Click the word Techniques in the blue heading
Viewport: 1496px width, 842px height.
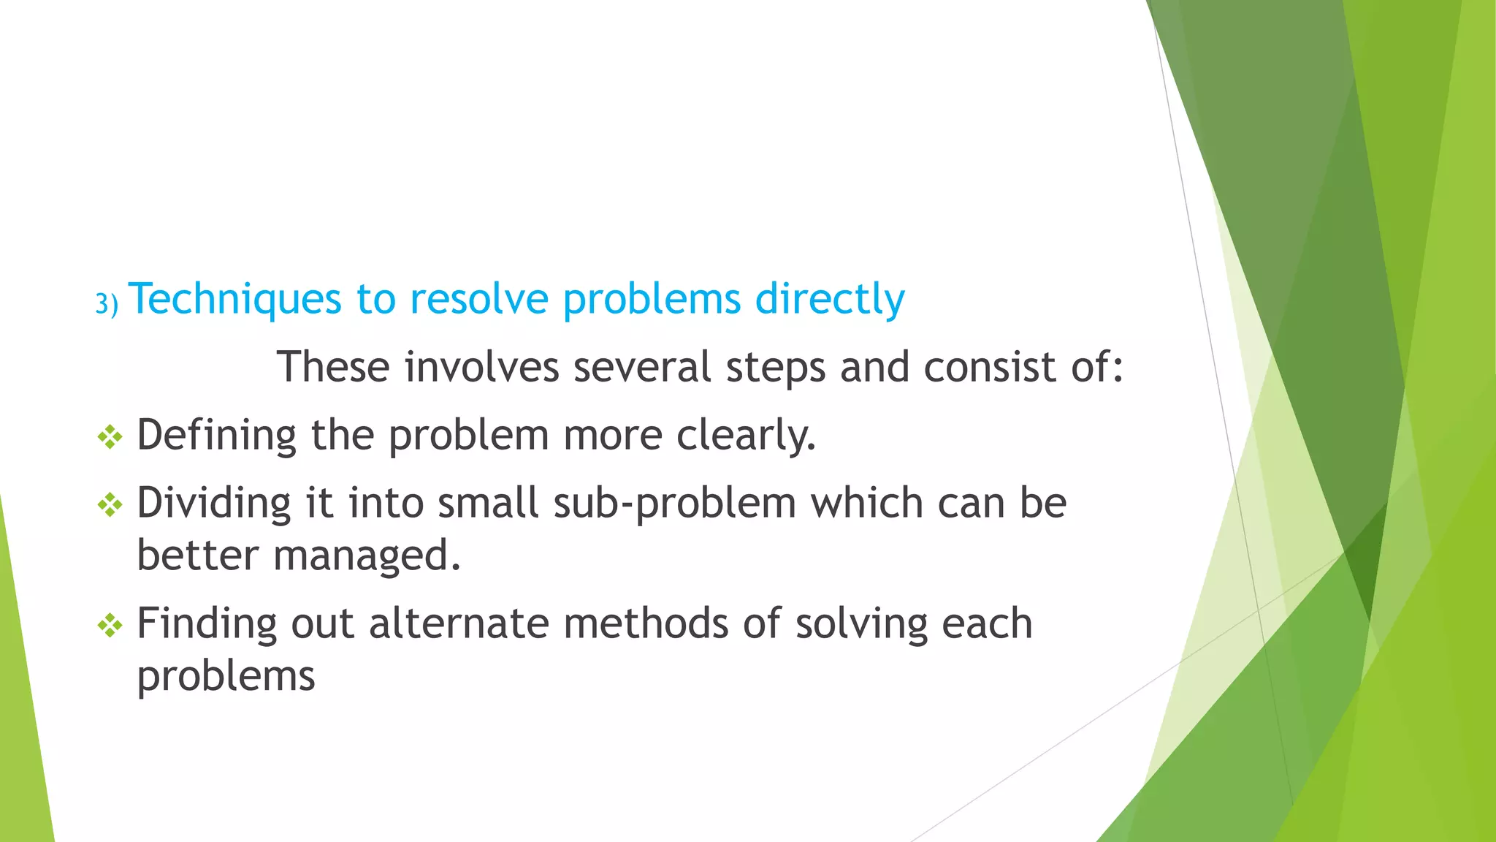pos(234,300)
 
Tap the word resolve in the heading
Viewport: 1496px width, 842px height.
pos(478,300)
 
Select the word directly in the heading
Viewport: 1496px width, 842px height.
pos(830,300)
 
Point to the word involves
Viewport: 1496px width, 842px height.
pos(482,367)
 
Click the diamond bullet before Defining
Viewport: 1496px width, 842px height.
pos(110,437)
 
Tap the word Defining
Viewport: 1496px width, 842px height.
pos(216,436)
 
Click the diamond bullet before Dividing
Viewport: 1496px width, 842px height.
pos(110,504)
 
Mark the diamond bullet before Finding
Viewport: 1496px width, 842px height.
pos(110,625)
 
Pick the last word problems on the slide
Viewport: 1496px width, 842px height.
pos(226,677)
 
